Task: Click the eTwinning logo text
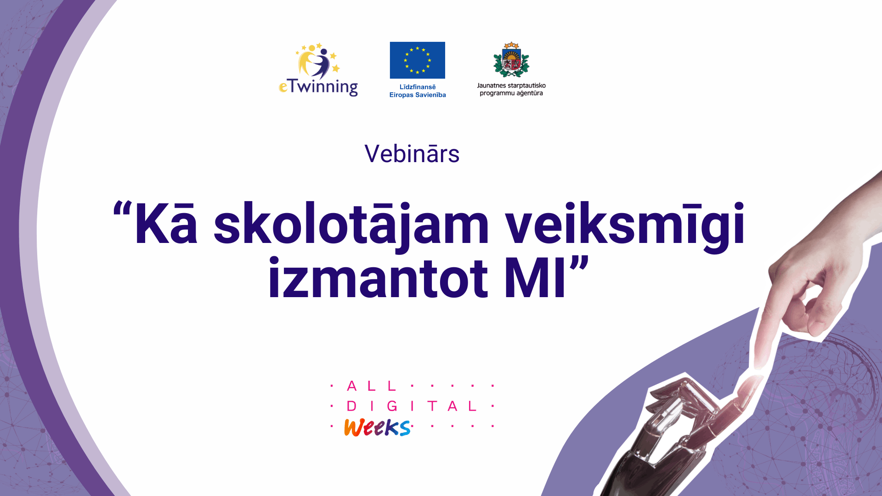(318, 87)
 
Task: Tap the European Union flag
(418, 60)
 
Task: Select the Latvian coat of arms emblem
(511, 60)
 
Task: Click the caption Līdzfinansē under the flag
(418, 87)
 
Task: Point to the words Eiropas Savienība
(418, 95)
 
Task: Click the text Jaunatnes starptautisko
(511, 85)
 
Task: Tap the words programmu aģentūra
(511, 93)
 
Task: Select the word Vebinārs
(412, 154)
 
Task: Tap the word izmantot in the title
(378, 278)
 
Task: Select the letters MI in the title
(535, 278)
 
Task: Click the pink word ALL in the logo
(372, 386)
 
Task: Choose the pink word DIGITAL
(412, 406)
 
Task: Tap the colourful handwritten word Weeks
(377, 428)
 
